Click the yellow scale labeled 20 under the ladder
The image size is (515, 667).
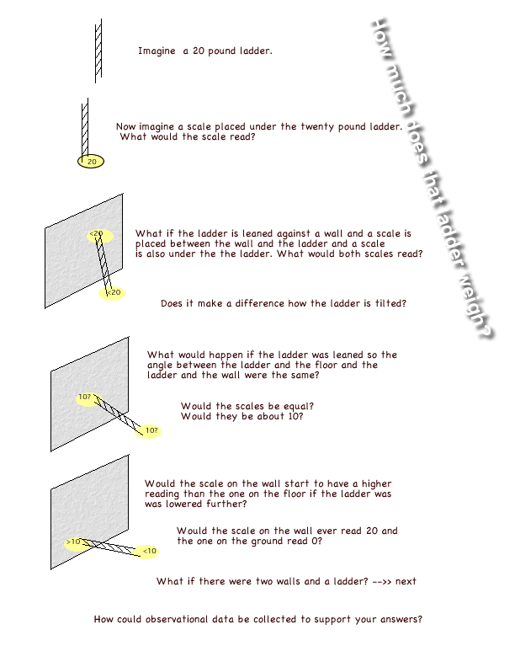pos(91,161)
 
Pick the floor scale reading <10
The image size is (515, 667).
pos(148,551)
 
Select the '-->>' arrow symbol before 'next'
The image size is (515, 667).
pos(381,581)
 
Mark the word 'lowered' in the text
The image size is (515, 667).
pos(194,504)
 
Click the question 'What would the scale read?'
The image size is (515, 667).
pos(187,137)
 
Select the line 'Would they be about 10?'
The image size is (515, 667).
pos(242,416)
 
